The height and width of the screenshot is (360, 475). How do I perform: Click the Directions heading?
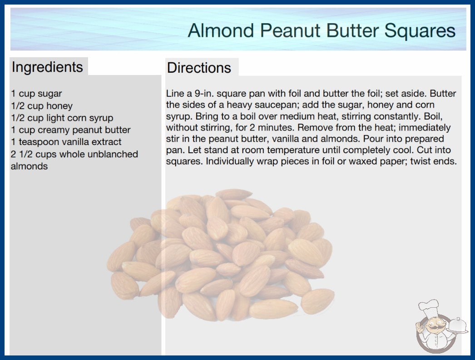(x=199, y=68)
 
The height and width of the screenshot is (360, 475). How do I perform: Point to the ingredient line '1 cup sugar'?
(x=36, y=94)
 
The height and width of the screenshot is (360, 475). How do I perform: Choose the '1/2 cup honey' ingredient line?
(x=42, y=106)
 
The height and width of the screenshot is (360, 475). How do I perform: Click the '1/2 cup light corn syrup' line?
(x=62, y=118)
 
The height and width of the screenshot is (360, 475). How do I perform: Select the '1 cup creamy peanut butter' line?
(x=71, y=130)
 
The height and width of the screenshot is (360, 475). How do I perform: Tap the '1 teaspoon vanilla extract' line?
(x=66, y=142)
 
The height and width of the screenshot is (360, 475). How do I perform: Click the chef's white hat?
(x=428, y=309)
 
